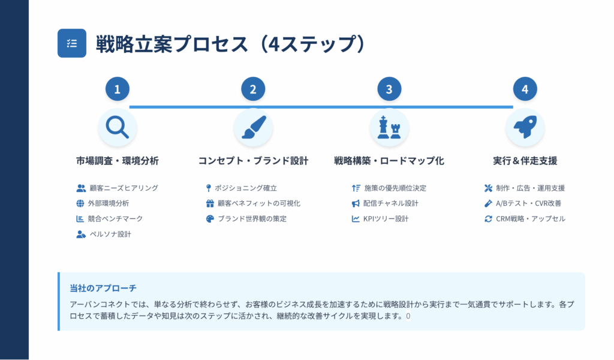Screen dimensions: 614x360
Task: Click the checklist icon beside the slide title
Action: click(x=72, y=43)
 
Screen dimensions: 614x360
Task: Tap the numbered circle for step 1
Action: click(x=117, y=89)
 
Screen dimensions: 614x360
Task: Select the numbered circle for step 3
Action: click(x=389, y=89)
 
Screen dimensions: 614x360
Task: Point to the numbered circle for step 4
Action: click(x=525, y=89)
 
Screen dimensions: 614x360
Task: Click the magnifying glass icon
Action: click(x=117, y=127)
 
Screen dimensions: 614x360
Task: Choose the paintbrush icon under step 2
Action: click(x=254, y=127)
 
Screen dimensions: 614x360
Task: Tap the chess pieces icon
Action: click(x=389, y=127)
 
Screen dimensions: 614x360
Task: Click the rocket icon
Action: click(x=525, y=127)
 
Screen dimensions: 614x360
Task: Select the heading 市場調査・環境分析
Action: click(x=117, y=161)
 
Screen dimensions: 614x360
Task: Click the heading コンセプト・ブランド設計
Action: click(x=254, y=161)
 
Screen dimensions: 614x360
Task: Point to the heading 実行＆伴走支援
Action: click(x=525, y=161)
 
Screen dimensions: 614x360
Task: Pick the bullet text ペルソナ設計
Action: click(x=110, y=234)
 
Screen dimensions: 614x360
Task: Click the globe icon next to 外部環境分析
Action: click(x=80, y=203)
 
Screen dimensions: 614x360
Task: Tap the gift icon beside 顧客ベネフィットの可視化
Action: click(x=210, y=203)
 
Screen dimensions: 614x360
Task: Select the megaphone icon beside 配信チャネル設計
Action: click(x=355, y=203)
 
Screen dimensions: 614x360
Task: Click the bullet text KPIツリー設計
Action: click(x=386, y=218)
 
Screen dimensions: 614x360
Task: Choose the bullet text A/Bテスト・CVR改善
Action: click(x=528, y=203)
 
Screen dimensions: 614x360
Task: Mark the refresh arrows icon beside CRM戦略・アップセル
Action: click(x=488, y=218)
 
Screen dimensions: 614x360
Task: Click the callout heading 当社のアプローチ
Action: click(x=103, y=289)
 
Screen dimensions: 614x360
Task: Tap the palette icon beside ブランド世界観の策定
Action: click(x=210, y=218)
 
